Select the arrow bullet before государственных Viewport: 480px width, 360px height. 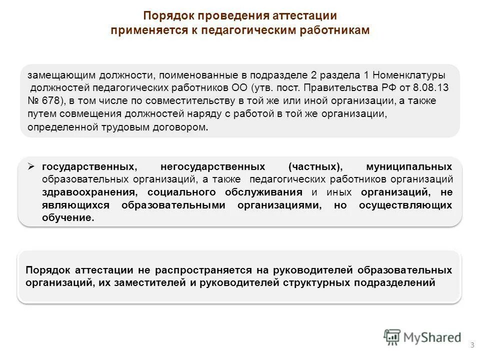pos(30,165)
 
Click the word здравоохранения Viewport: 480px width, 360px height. pos(84,192)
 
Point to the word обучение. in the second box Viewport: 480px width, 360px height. pos(68,218)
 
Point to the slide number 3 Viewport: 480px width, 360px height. pos(472,345)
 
